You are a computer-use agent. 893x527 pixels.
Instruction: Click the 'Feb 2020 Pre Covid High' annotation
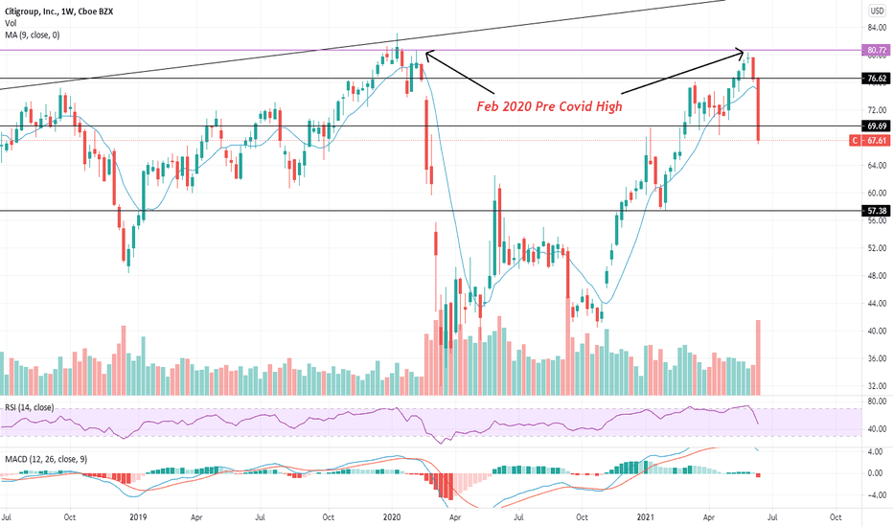[549, 106]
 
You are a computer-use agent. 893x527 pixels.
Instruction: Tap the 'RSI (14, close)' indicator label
[29, 407]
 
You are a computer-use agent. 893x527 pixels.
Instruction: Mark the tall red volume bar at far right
[759, 357]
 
